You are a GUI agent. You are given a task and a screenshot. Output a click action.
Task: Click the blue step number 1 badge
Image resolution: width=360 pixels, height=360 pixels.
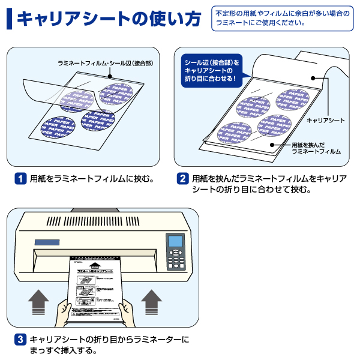(x=21, y=179)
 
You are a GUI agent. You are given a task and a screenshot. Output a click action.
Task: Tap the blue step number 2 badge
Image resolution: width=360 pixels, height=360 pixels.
(x=182, y=179)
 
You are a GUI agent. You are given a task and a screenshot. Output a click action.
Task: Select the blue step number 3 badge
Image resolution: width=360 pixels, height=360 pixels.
(x=21, y=340)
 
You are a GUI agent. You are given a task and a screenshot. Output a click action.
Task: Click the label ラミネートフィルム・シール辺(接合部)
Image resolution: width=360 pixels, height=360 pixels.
(x=101, y=62)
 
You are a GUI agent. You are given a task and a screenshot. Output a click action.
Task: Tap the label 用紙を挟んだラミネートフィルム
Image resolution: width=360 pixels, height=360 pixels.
(x=316, y=148)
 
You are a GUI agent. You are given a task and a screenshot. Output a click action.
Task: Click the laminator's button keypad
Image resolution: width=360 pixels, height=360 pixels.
(x=176, y=259)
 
